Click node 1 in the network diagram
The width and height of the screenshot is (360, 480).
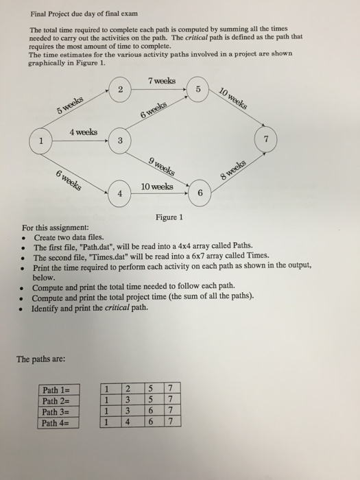click(40, 142)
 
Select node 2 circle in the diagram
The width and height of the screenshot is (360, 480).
click(120, 90)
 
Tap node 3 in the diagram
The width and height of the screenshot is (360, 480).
click(120, 141)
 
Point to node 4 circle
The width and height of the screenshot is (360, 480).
click(120, 193)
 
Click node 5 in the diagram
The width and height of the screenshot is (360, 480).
click(197, 90)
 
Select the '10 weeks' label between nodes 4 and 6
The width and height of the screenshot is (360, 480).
click(156, 187)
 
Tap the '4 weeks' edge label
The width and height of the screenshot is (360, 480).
click(82, 131)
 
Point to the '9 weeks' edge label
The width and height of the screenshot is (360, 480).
click(161, 165)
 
